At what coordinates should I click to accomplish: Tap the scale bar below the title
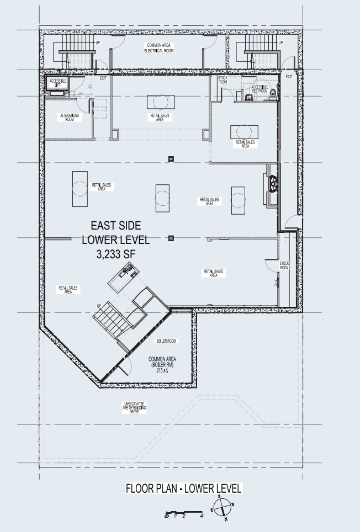(x=184, y=516)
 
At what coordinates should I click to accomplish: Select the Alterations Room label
(x=70, y=117)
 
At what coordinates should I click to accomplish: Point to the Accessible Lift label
(x=58, y=83)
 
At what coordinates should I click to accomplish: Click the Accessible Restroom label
(x=260, y=89)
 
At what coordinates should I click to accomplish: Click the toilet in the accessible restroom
(x=271, y=98)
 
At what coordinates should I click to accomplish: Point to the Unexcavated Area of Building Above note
(x=135, y=408)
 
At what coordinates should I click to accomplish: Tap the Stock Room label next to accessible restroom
(x=223, y=79)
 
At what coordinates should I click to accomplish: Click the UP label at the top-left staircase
(x=98, y=43)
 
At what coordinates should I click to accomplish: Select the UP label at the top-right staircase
(x=280, y=43)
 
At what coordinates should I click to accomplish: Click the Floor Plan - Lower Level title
(x=183, y=489)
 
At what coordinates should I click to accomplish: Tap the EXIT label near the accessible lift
(x=103, y=78)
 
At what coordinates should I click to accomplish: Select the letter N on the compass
(x=225, y=520)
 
